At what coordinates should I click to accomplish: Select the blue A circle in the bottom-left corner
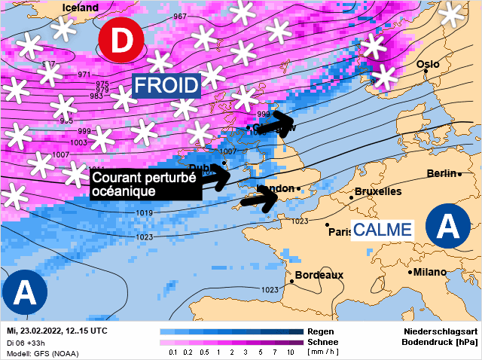pyautogui.click(x=25, y=290)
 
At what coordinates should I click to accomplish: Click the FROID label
pyautogui.click(x=166, y=84)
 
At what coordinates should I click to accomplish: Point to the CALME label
pyautogui.click(x=383, y=229)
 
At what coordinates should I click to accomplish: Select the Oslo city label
pyautogui.click(x=428, y=65)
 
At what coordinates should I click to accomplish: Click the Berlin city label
pyautogui.click(x=441, y=173)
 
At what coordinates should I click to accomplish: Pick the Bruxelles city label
pyautogui.click(x=377, y=192)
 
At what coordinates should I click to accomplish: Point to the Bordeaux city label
pyautogui.click(x=319, y=275)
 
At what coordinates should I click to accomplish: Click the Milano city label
pyautogui.click(x=429, y=272)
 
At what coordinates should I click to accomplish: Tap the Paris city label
pyautogui.click(x=340, y=231)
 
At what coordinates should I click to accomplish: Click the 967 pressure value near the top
pyautogui.click(x=180, y=17)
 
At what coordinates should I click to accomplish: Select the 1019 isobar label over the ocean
pyautogui.click(x=145, y=214)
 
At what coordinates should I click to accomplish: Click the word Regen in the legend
pyautogui.click(x=316, y=331)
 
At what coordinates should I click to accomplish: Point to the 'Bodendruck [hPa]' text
pyautogui.click(x=441, y=342)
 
